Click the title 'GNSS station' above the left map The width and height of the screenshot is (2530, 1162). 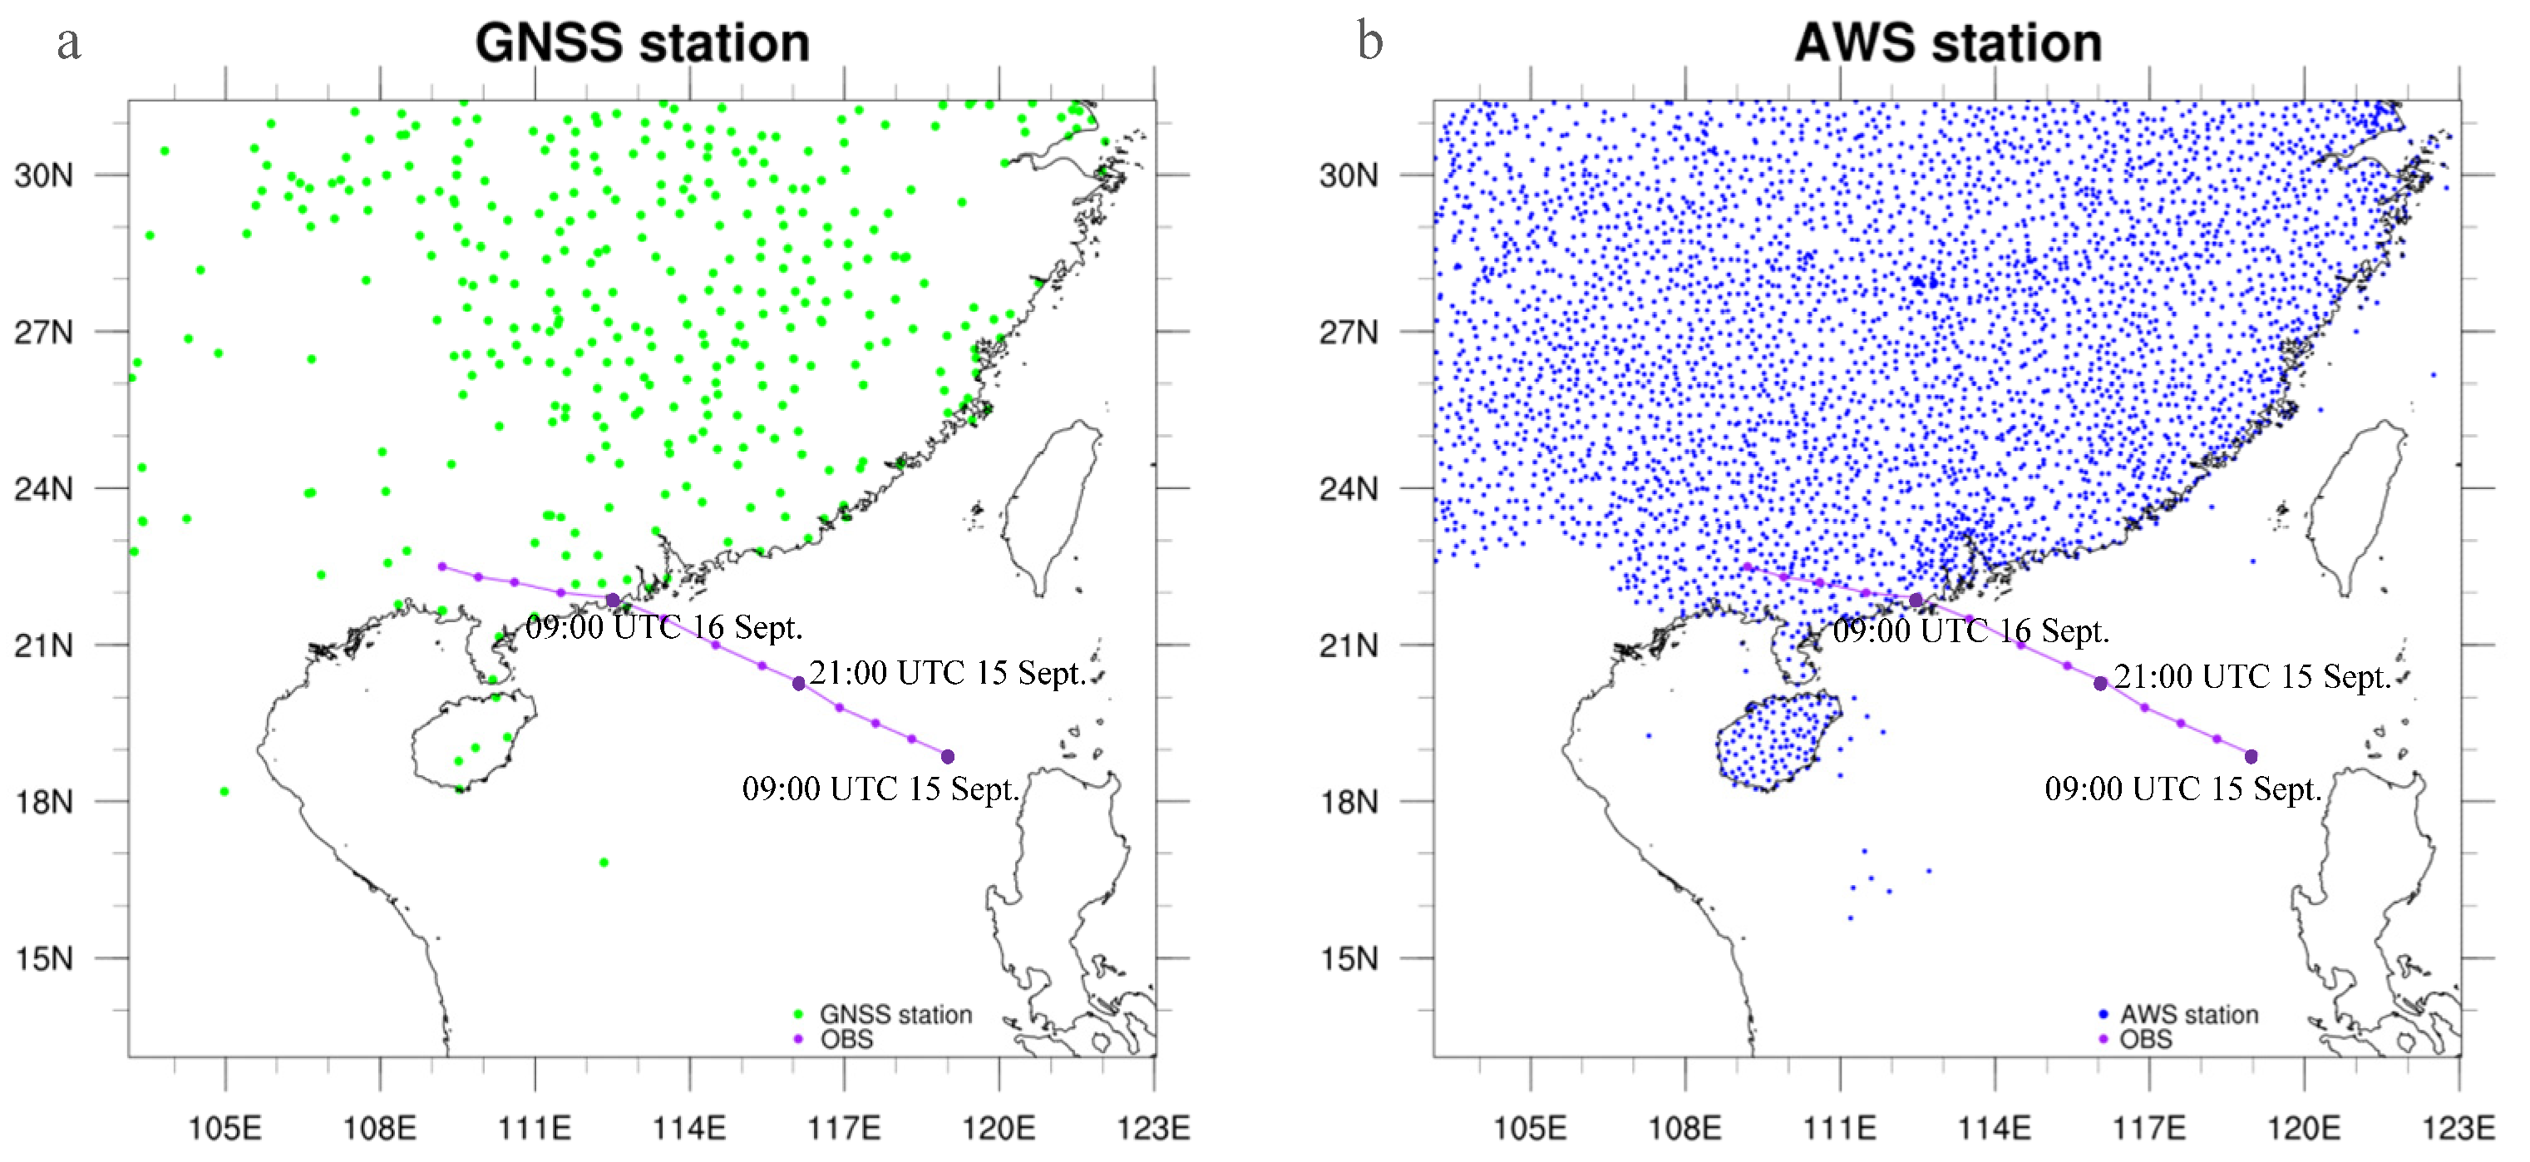pos(643,43)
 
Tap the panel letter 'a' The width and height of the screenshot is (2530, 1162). pos(68,43)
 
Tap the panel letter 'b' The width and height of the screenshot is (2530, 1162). pos(1369,43)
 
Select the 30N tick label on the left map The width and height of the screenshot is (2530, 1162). pos(44,176)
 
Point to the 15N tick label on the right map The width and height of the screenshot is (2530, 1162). pos(1349,957)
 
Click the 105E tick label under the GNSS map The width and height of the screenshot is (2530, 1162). pos(225,1128)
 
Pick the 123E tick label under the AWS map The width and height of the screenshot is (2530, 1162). pos(2458,1128)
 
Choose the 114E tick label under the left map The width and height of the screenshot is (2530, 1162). pos(689,1128)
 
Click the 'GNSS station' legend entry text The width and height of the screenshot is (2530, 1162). pos(895,1014)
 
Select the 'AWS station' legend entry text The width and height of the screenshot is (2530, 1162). pos(2189,1014)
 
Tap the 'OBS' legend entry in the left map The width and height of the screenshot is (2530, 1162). pos(846,1039)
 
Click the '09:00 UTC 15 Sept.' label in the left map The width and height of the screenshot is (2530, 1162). pos(880,789)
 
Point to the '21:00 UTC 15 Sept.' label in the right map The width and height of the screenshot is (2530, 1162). pos(2252,677)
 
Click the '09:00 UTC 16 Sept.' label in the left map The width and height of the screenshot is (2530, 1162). pos(664,626)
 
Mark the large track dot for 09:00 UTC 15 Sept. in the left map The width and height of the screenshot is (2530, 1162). pos(948,756)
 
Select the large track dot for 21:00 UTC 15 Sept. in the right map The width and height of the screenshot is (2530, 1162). pos(2100,684)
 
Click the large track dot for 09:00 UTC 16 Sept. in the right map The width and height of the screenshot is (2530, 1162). pos(1916,599)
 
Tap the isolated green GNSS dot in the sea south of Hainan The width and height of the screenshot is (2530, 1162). pos(604,863)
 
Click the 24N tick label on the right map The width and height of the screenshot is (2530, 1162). pos(1349,488)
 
